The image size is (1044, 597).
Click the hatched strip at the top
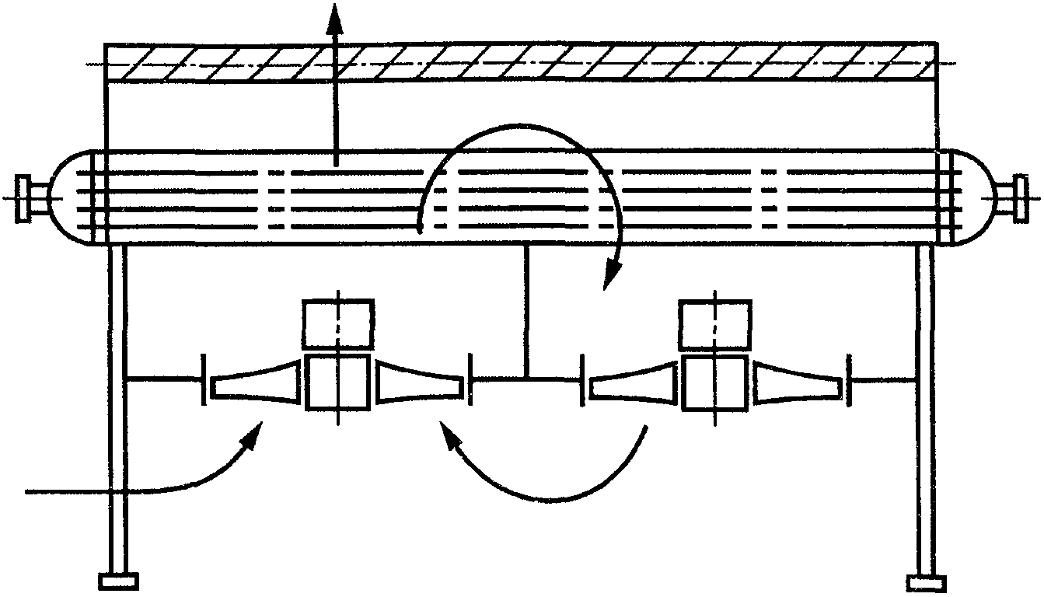pyautogui.click(x=519, y=62)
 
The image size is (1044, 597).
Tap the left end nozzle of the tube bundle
pyautogui.click(x=30, y=199)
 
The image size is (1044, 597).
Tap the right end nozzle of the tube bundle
pyautogui.click(x=1017, y=199)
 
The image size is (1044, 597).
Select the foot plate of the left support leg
pyautogui.click(x=119, y=581)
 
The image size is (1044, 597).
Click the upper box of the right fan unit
pyautogui.click(x=714, y=323)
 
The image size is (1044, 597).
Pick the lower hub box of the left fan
pyautogui.click(x=337, y=381)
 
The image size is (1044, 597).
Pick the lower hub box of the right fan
pyautogui.click(x=714, y=381)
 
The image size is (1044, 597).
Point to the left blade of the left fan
pyautogui.click(x=255, y=381)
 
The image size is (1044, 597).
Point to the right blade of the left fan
pyautogui.click(x=421, y=381)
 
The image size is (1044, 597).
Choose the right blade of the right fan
pyautogui.click(x=797, y=381)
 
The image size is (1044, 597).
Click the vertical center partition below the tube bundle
pyautogui.click(x=526, y=311)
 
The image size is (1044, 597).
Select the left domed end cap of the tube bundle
pyautogui.click(x=72, y=198)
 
